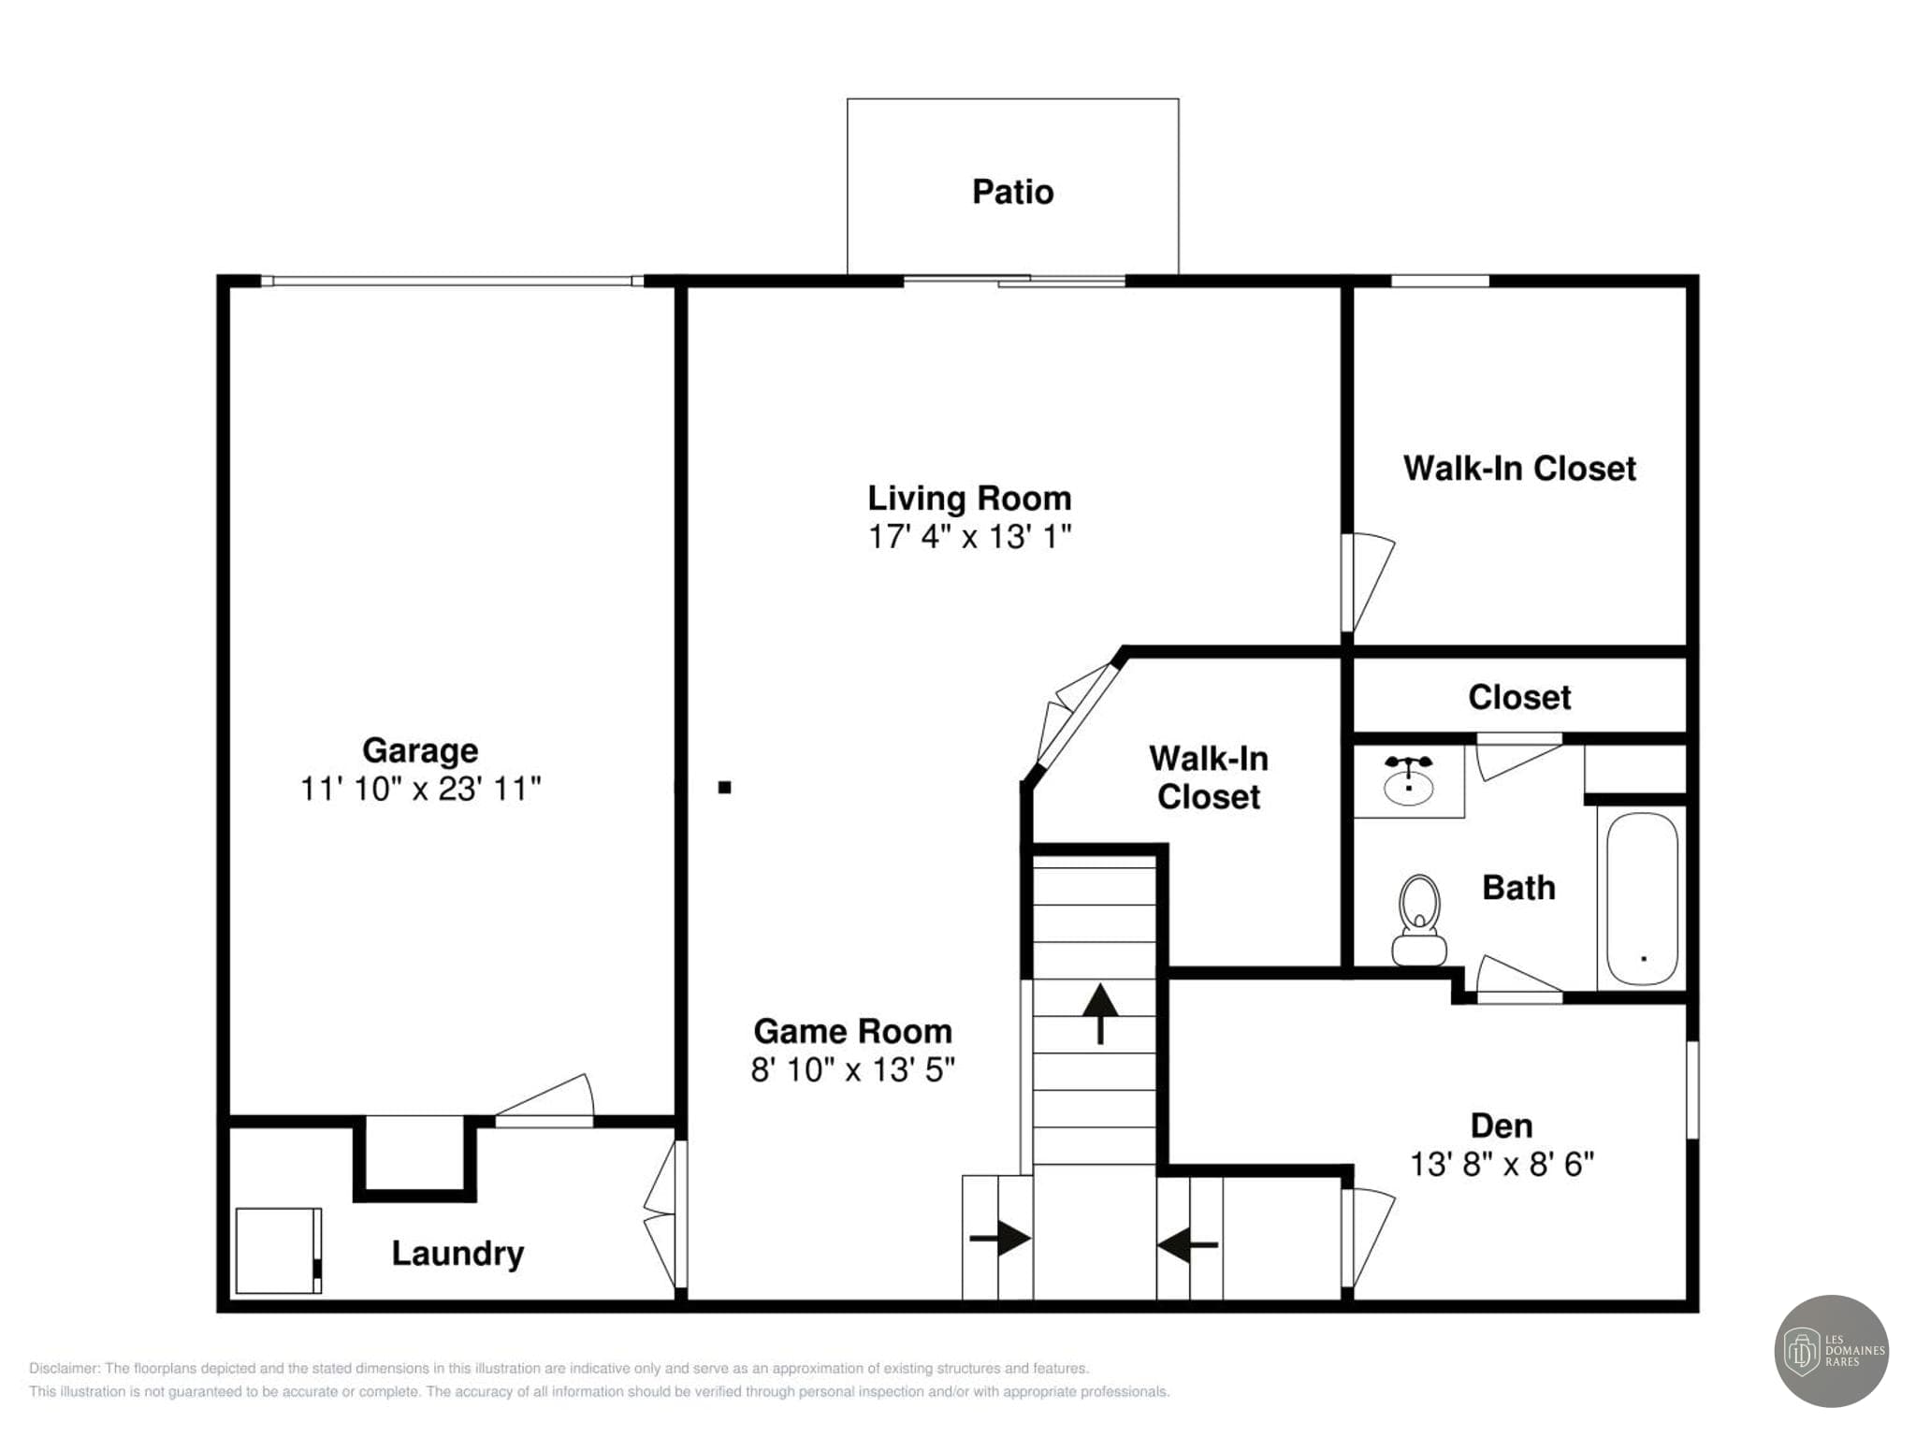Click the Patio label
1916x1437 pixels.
coord(1012,192)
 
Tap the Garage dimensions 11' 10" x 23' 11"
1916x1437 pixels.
coord(420,789)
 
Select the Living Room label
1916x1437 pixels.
coord(969,498)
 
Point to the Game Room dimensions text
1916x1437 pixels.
coord(852,1069)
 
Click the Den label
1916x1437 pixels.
coord(1502,1125)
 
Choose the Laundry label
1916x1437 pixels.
coord(457,1254)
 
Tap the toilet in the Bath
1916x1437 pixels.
coord(1419,921)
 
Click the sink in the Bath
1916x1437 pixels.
coord(1408,781)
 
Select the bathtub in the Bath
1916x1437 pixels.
coord(1642,898)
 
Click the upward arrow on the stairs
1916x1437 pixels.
coord(1100,1013)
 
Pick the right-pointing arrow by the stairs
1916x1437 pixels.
coord(1000,1239)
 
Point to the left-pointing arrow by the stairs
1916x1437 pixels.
coord(1187,1245)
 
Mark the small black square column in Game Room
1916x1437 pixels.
coord(724,788)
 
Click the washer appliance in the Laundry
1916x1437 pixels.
coord(279,1251)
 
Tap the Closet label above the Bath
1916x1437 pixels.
coord(1519,697)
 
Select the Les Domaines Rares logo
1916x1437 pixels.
coord(1831,1351)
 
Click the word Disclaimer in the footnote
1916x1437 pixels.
coord(63,1369)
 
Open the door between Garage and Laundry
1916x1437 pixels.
coord(544,1099)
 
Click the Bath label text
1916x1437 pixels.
coord(1518,888)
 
